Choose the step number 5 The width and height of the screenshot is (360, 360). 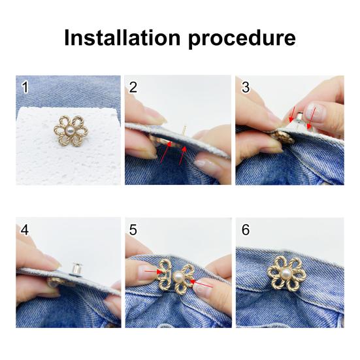(x=133, y=231)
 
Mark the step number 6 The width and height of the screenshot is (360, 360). (x=245, y=231)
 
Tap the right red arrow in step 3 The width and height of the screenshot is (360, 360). (x=311, y=116)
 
